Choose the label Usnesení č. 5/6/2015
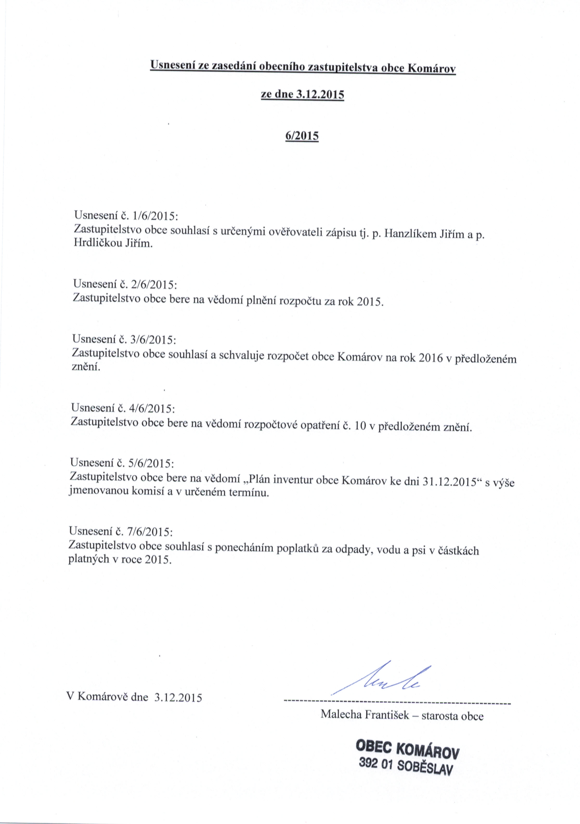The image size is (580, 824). (x=122, y=463)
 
